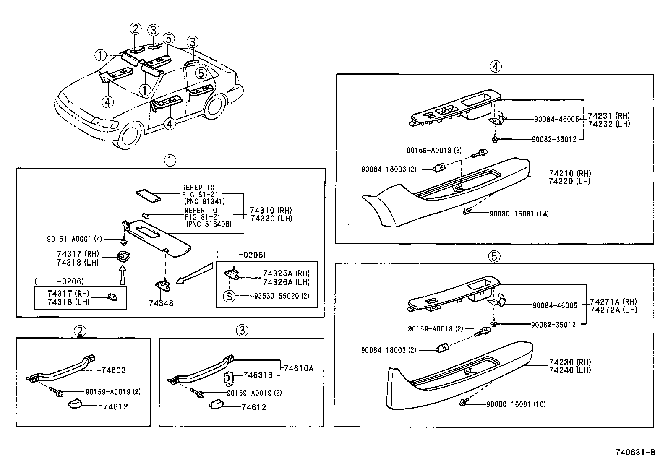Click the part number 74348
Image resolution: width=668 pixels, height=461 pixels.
[161, 303]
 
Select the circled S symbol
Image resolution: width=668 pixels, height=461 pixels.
[229, 296]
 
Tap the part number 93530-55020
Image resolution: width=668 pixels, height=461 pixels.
[277, 296]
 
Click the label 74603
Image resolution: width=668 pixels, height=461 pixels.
[114, 370]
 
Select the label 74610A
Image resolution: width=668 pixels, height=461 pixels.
[298, 368]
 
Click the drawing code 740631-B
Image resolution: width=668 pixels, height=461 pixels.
[635, 452]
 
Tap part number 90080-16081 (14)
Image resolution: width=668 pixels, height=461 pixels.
[519, 214]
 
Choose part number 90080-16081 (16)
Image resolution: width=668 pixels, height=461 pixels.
[516, 404]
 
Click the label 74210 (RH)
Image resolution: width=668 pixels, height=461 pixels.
[569, 173]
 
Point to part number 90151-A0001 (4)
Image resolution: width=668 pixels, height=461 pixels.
[74, 239]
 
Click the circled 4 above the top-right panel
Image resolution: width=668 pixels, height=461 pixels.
[495, 66]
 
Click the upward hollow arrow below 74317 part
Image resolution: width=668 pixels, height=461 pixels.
[122, 276]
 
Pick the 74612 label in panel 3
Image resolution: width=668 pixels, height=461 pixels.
[253, 407]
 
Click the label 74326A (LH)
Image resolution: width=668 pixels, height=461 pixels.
[286, 282]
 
